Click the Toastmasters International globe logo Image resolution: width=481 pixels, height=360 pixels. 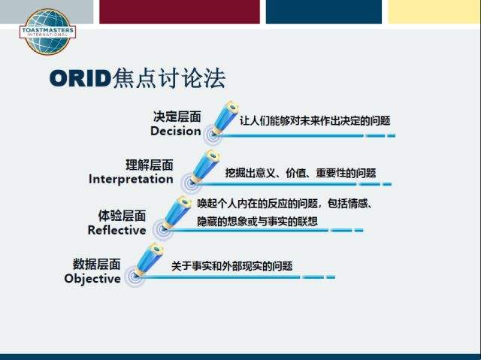click(x=47, y=32)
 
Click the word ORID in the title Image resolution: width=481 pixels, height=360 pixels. click(x=80, y=78)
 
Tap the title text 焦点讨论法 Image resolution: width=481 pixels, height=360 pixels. click(x=169, y=78)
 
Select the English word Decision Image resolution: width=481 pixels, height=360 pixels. click(x=176, y=132)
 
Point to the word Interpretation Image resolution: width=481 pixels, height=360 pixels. click(x=131, y=179)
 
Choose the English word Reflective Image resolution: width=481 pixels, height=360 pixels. click(x=117, y=230)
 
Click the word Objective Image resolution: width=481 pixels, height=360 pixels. click(x=92, y=279)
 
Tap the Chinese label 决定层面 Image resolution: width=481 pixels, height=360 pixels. click(x=177, y=116)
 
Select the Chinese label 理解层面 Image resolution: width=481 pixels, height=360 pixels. click(x=150, y=165)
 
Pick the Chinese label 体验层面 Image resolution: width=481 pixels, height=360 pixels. click(x=122, y=216)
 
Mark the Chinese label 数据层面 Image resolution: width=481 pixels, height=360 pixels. click(x=96, y=264)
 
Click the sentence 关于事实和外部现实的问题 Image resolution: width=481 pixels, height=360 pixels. click(x=231, y=266)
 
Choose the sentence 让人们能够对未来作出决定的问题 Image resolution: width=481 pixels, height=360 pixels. click(x=315, y=121)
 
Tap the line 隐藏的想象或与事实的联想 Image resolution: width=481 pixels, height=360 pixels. click(x=257, y=222)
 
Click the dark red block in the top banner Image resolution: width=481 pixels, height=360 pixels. click(x=180, y=12)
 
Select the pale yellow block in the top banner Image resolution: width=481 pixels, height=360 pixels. click(x=434, y=12)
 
